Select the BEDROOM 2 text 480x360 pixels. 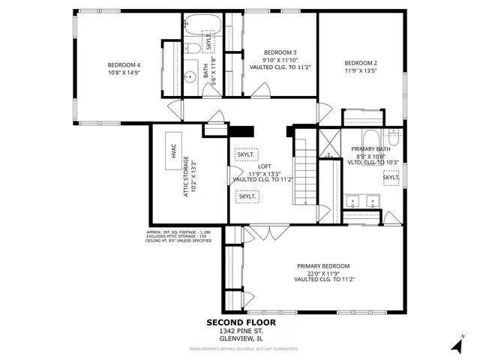pyautogui.click(x=360, y=63)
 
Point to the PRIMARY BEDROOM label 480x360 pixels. pyautogui.click(x=322, y=266)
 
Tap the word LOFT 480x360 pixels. pyautogui.click(x=264, y=166)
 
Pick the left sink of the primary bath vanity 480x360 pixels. pyautogui.click(x=353, y=201)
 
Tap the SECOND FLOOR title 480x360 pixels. pyautogui.click(x=241, y=322)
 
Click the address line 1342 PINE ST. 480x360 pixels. pyautogui.click(x=241, y=331)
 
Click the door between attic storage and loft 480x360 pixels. pyautogui.click(x=229, y=174)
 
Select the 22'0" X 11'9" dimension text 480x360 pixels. pyautogui.click(x=322, y=274)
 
